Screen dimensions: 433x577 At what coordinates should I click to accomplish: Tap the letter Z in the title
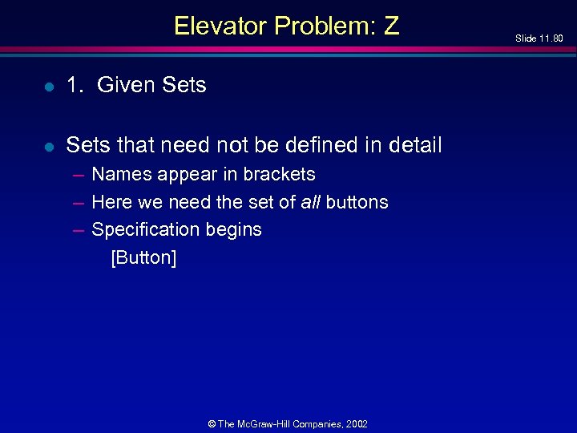click(x=391, y=26)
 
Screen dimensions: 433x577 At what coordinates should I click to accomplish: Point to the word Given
click(x=124, y=85)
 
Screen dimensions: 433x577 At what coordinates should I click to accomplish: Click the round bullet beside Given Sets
click(x=50, y=87)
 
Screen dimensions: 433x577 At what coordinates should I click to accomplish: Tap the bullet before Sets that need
click(x=50, y=147)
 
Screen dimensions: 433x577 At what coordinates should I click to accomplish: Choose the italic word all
click(x=313, y=202)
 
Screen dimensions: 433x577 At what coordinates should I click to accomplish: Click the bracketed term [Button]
click(x=143, y=257)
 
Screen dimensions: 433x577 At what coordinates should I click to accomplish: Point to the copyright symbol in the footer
click(x=212, y=423)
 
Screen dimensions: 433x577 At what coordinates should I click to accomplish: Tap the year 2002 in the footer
click(x=357, y=423)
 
